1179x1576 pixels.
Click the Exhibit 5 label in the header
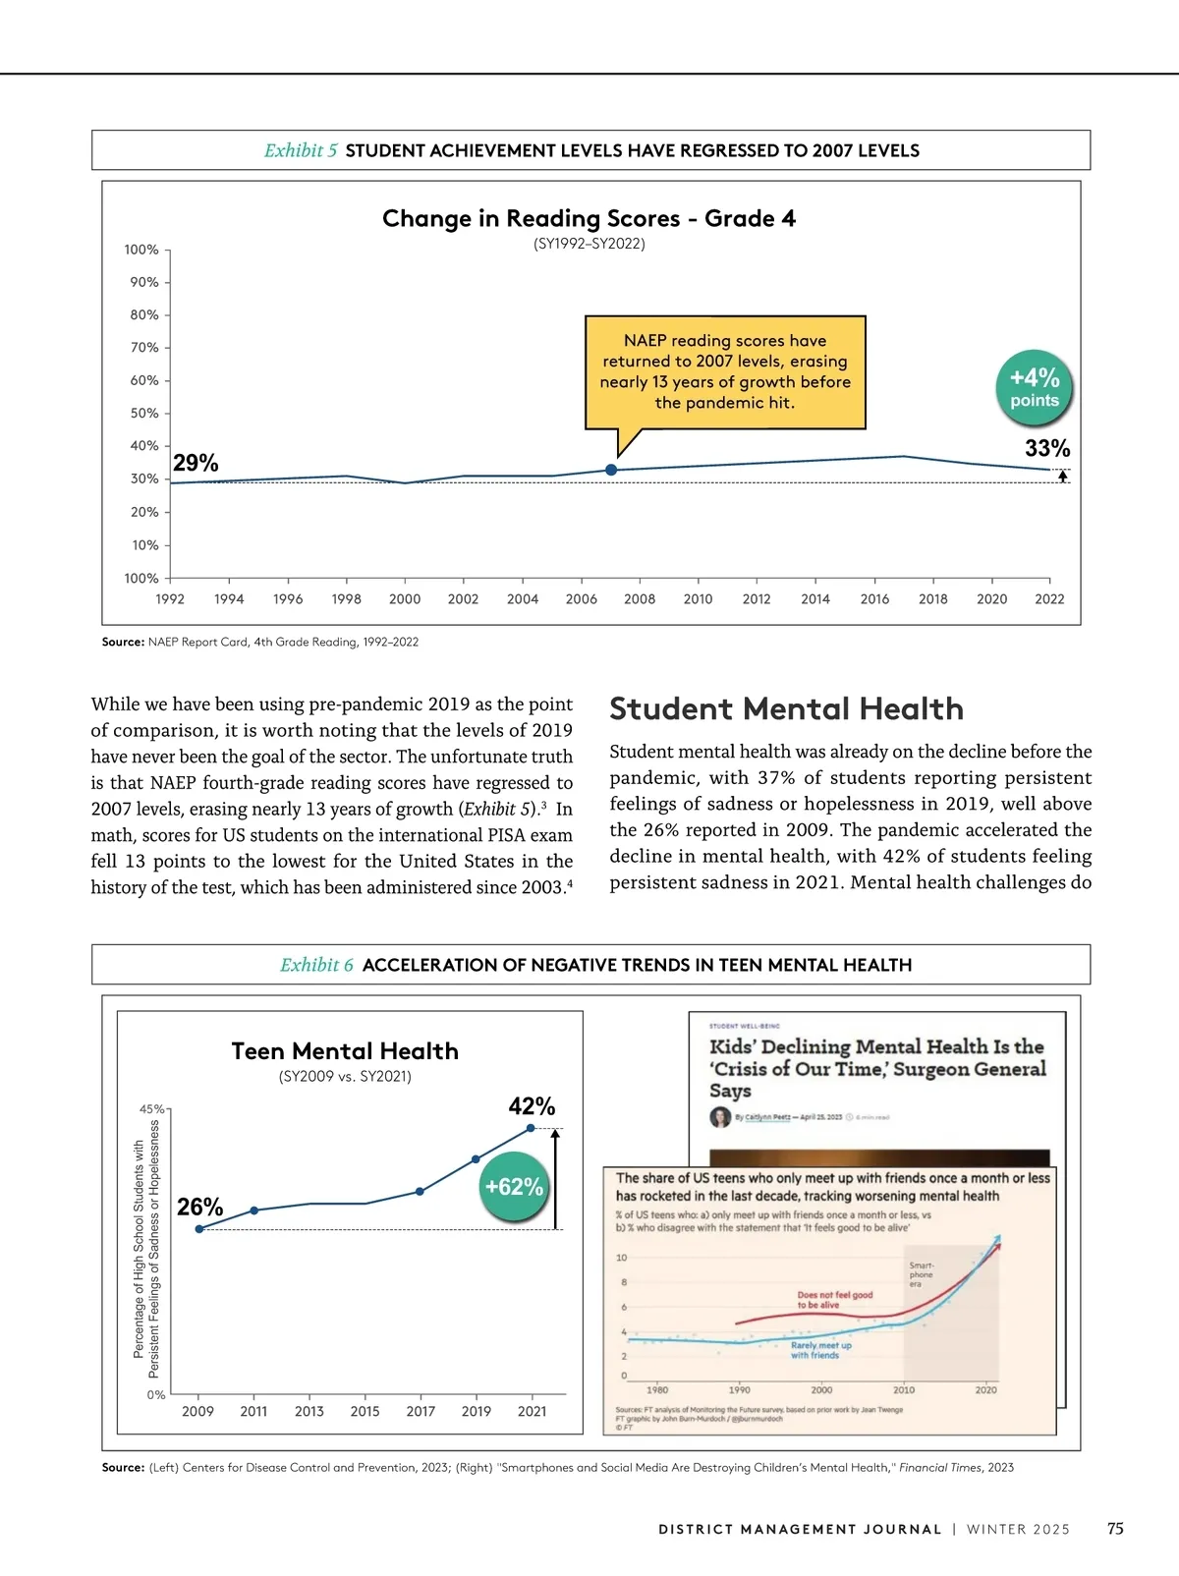click(301, 150)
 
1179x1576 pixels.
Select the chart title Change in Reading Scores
click(589, 218)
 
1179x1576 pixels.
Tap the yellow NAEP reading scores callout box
click(725, 371)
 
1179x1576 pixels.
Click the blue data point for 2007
click(611, 470)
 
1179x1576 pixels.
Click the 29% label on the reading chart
click(196, 463)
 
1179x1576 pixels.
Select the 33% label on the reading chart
click(1047, 448)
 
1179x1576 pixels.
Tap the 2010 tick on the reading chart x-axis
click(698, 598)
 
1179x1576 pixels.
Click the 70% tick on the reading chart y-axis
click(144, 347)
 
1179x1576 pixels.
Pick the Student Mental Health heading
click(786, 708)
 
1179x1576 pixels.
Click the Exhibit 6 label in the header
click(316, 965)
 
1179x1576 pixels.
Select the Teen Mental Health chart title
click(345, 1051)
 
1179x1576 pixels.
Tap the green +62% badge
click(514, 1187)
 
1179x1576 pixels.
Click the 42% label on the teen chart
click(532, 1106)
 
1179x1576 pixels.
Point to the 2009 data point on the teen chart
click(199, 1229)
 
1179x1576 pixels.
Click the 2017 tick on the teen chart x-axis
click(421, 1411)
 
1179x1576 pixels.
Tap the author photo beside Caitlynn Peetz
click(720, 1117)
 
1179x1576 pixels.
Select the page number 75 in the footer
click(1115, 1529)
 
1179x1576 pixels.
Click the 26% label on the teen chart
click(199, 1207)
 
